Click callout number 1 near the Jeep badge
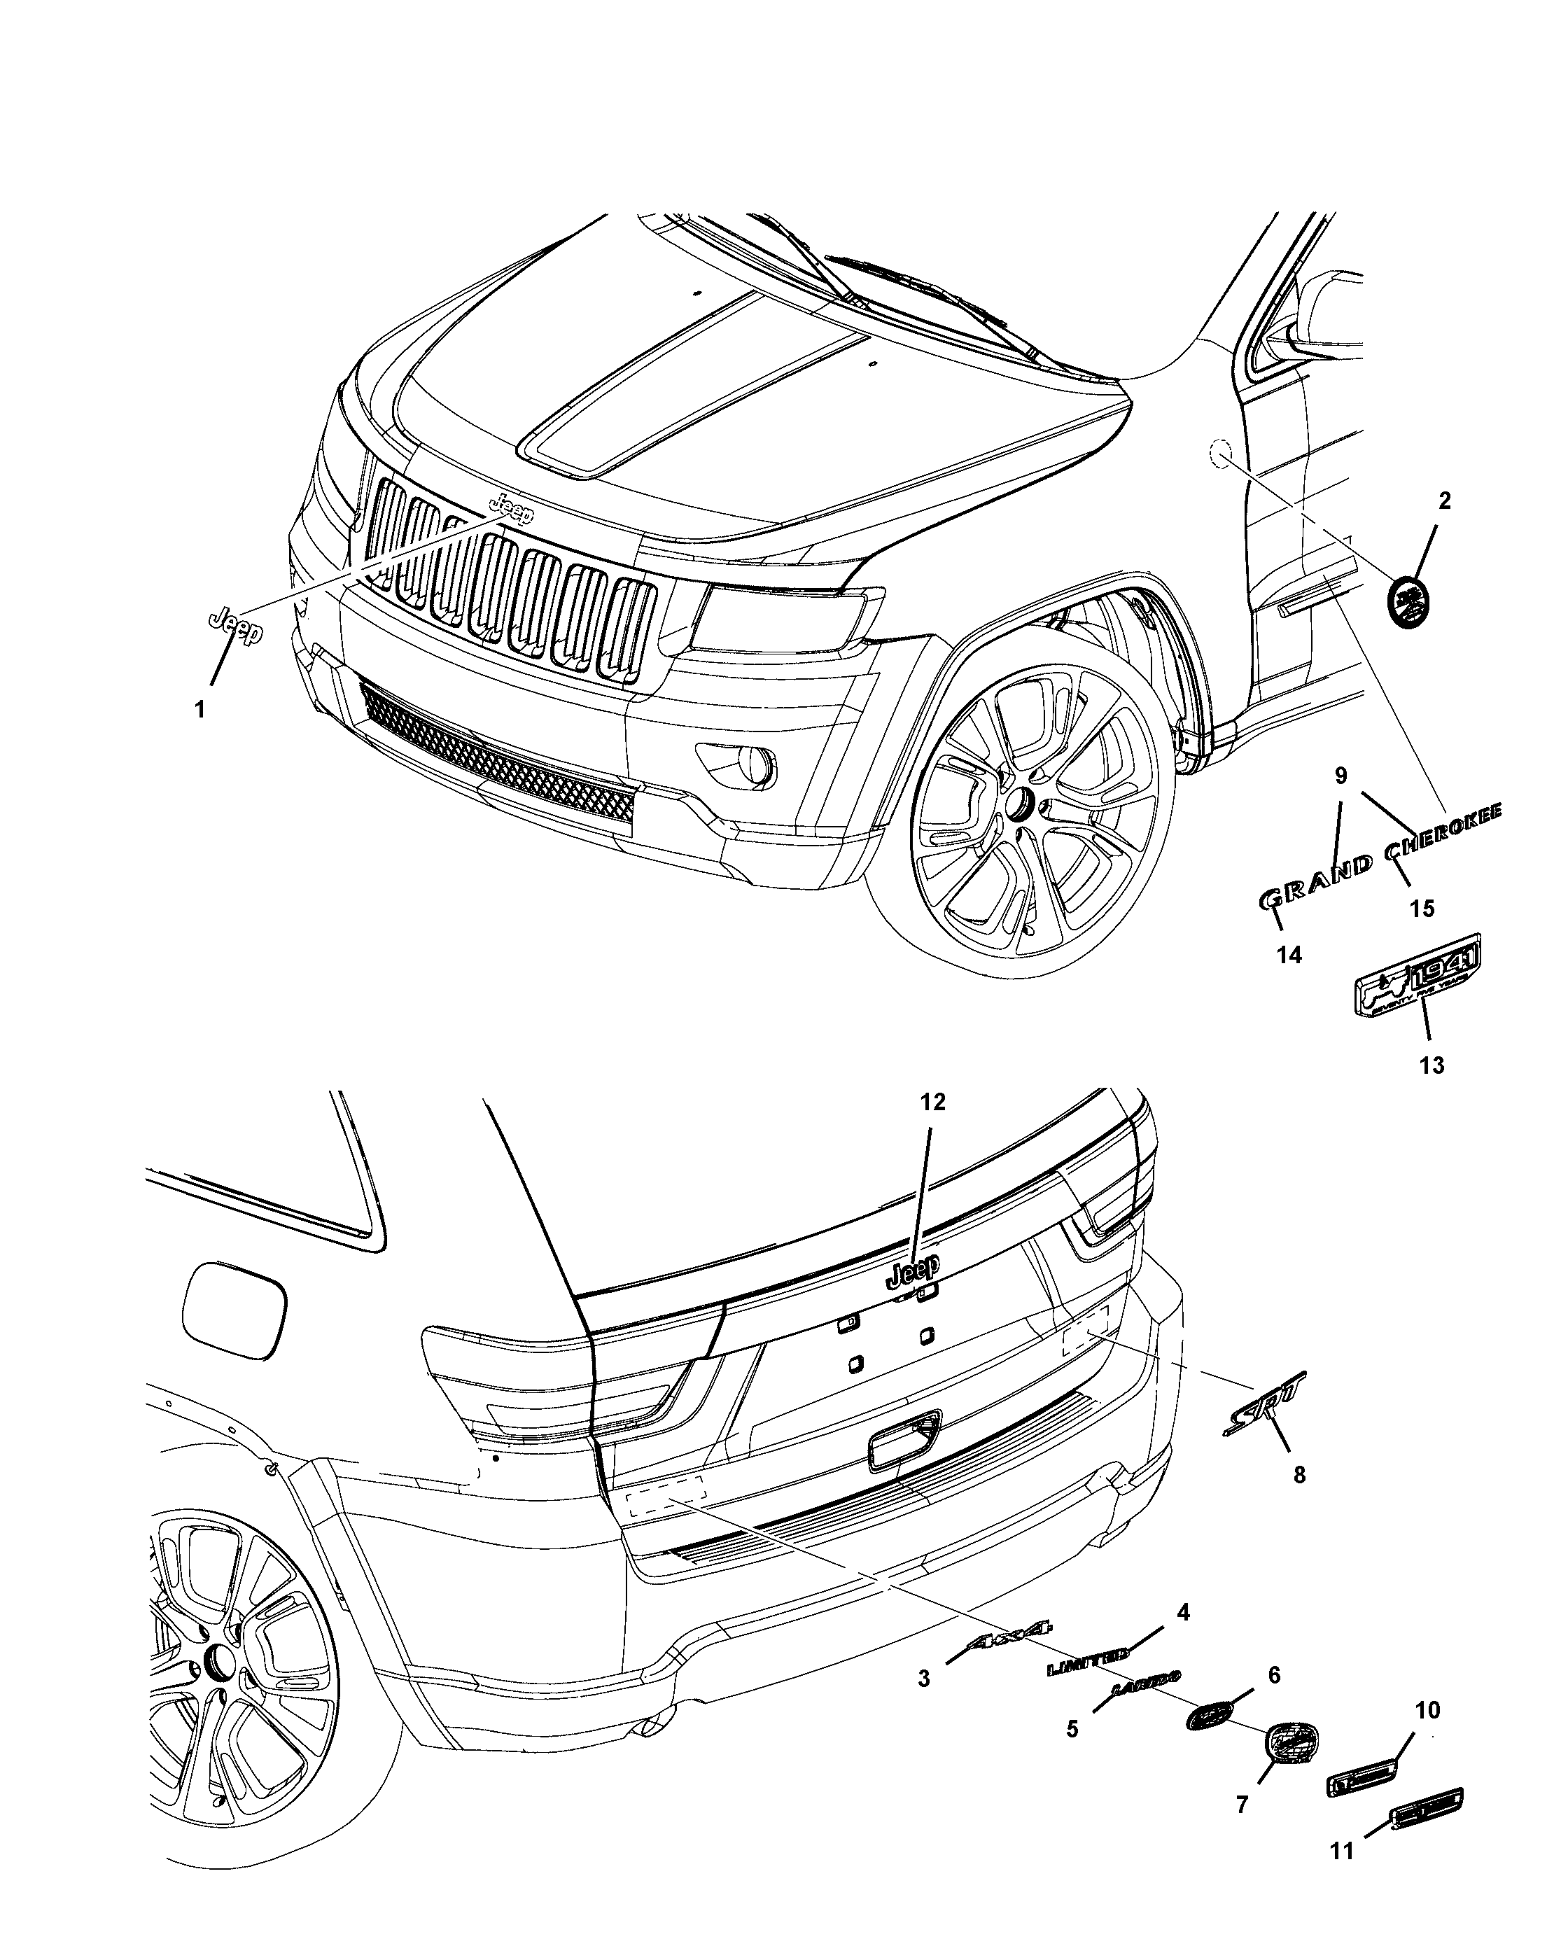(x=200, y=709)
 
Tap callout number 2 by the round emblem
(x=1444, y=500)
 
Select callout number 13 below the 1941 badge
(x=1431, y=1065)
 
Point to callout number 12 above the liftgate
(x=932, y=1102)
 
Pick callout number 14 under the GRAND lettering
(x=1289, y=955)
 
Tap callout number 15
(x=1422, y=907)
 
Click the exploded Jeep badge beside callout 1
(x=234, y=626)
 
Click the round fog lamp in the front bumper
(x=753, y=762)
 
